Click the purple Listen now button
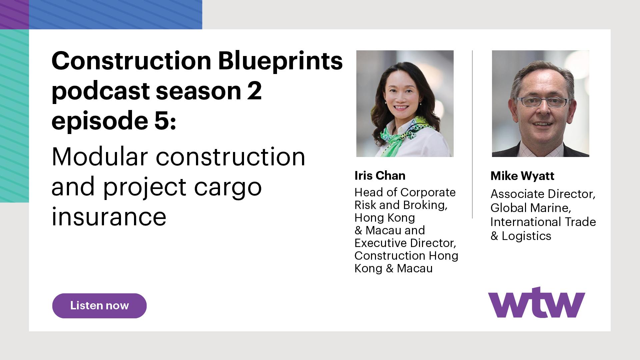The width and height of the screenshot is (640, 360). tap(99, 306)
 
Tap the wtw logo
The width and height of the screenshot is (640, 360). tap(536, 303)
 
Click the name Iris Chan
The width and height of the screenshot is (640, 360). tap(380, 176)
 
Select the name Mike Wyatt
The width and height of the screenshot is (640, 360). tap(522, 176)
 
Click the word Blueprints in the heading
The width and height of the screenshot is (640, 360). tap(280, 61)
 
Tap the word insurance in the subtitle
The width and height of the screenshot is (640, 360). tap(109, 217)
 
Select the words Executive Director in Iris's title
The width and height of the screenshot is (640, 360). tap(405, 243)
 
